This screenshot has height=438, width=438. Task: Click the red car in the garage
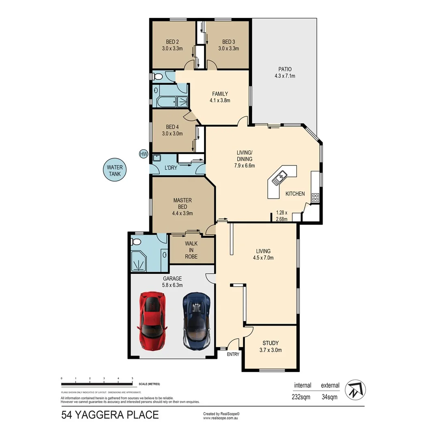[152, 320]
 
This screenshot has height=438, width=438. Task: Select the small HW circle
[143, 154]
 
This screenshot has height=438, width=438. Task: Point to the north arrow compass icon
[355, 391]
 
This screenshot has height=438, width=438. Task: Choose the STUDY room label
[270, 346]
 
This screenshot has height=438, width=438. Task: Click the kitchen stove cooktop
[315, 198]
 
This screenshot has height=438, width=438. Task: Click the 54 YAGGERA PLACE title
[110, 415]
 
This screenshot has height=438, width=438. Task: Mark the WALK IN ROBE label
[191, 250]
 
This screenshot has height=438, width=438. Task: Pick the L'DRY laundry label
[170, 168]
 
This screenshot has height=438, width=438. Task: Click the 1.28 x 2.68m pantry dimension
[281, 216]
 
